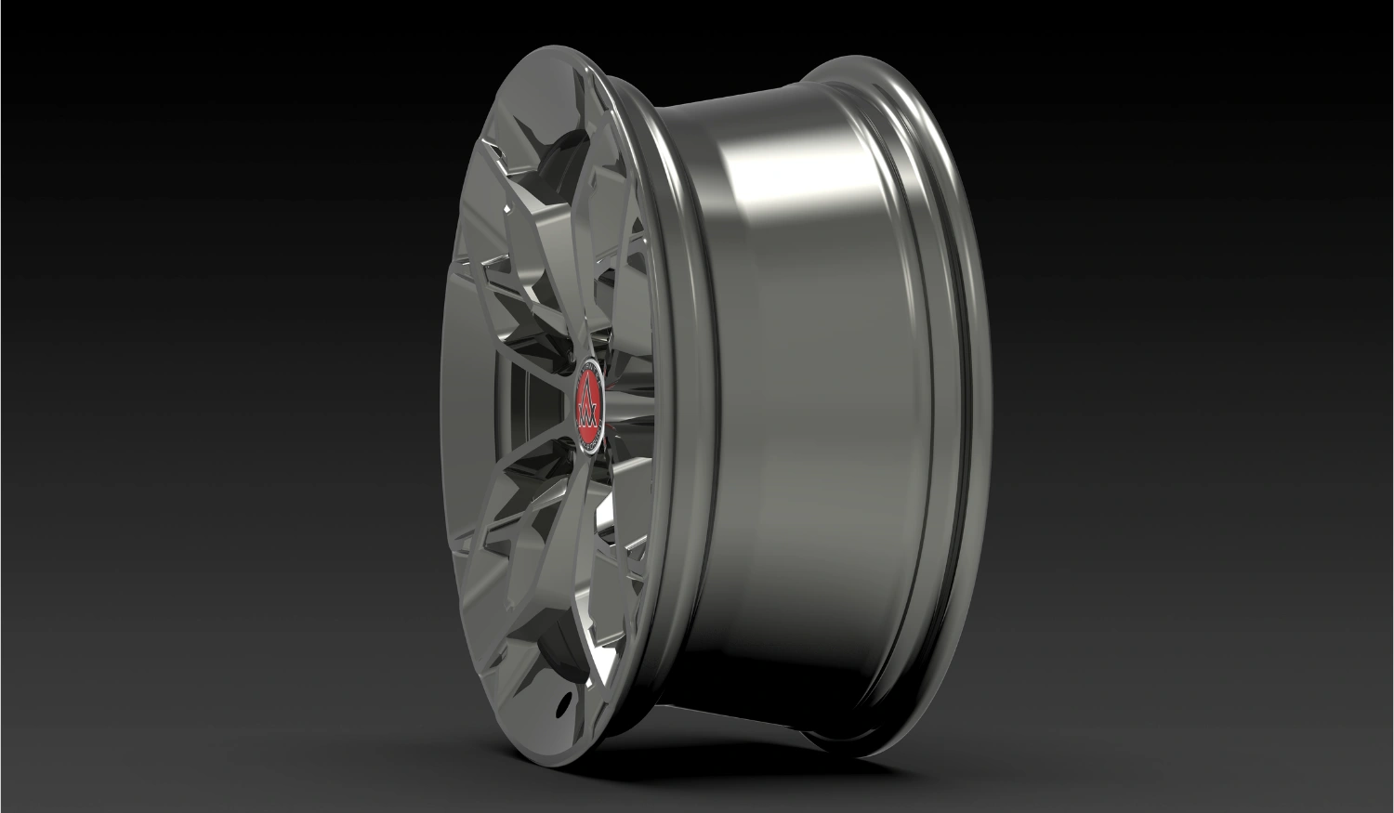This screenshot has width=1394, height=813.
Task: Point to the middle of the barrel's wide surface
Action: [818, 409]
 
